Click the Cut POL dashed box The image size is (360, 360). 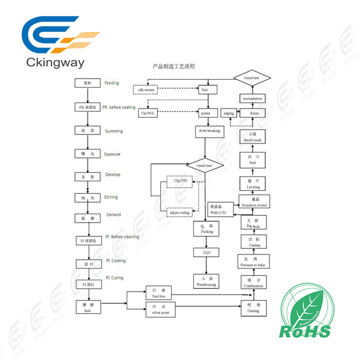147,112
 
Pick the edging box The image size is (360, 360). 229,112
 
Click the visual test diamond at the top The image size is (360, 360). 252,79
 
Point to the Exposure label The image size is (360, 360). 112,154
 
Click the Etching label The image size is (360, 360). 111,197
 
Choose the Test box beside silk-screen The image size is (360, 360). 204,90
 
